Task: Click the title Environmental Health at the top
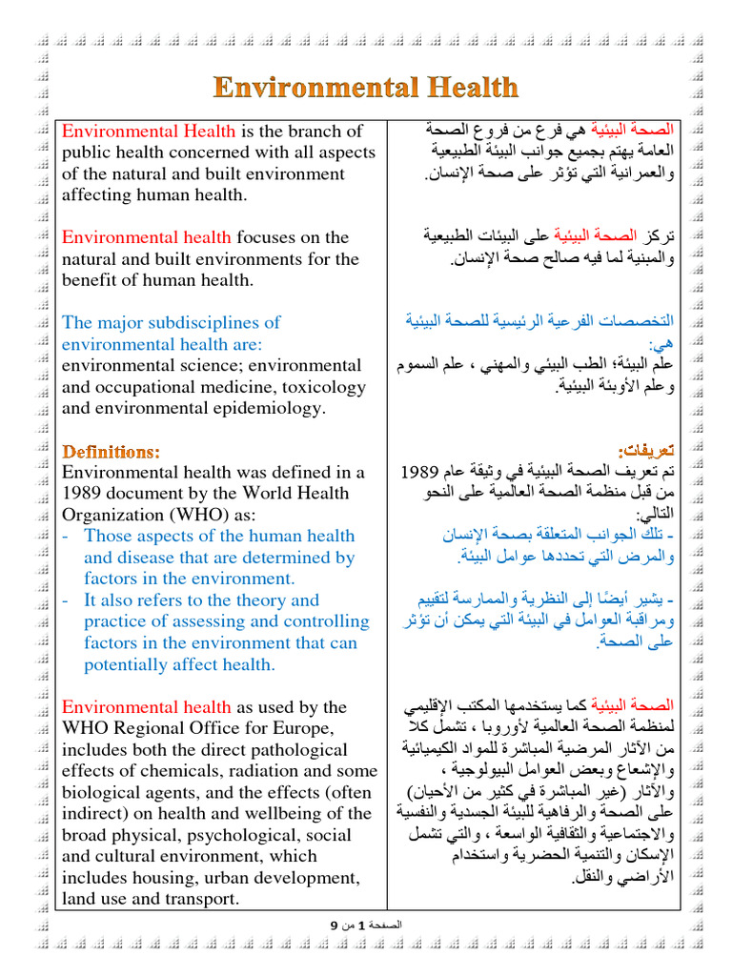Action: (366, 88)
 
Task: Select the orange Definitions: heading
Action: (111, 450)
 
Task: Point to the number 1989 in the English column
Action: (83, 494)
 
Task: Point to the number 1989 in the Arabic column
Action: (418, 472)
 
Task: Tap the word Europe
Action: (305, 728)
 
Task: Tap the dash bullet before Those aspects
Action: (66, 537)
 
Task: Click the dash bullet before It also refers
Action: (66, 600)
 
